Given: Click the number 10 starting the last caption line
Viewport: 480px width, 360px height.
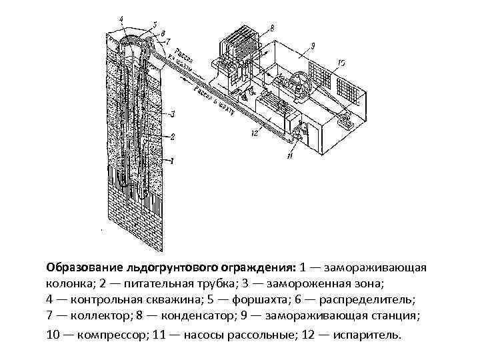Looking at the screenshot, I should (53, 333).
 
